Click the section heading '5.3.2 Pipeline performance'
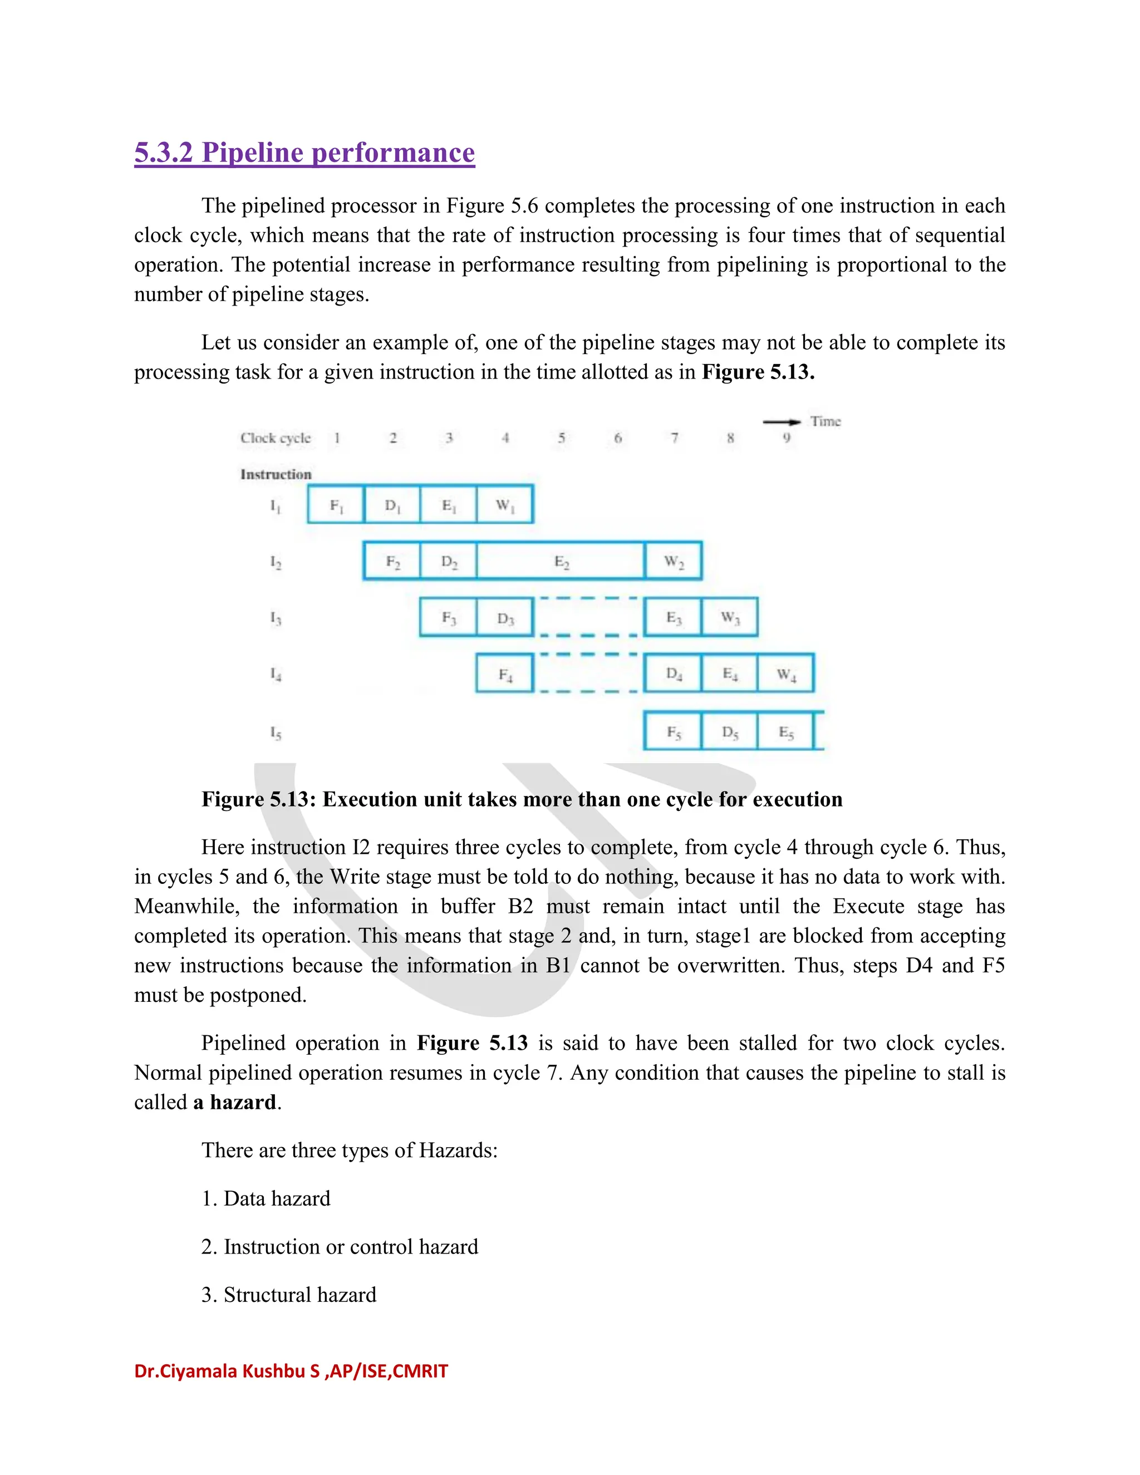[304, 153]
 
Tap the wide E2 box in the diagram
[561, 561]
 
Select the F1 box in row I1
[336, 504]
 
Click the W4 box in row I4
[786, 673]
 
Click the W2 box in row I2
[674, 561]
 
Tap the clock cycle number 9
[786, 437]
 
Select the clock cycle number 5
[561, 437]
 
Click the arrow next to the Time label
[782, 421]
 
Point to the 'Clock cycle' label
[276, 437]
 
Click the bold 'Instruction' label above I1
[276, 474]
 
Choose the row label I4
[276, 673]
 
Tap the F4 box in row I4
[504, 673]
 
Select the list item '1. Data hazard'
[266, 1198]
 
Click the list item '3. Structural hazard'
[289, 1295]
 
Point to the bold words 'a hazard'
[235, 1102]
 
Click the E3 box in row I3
[674, 617]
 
